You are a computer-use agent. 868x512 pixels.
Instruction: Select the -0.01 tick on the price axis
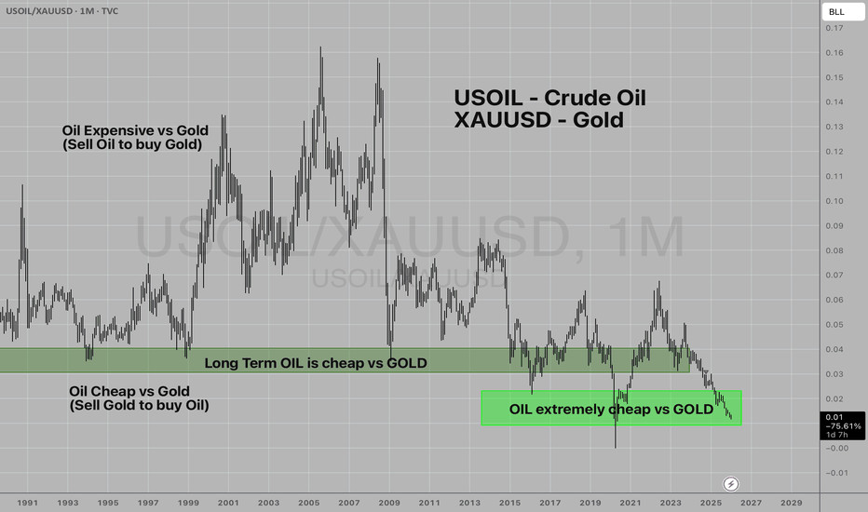click(837, 473)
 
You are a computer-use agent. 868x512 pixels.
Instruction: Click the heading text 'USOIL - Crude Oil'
click(549, 98)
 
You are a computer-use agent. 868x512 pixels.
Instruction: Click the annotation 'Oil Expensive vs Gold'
click(135, 129)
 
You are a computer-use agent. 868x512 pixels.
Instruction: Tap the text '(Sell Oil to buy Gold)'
click(131, 144)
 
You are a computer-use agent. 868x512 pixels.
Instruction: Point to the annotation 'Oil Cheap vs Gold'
click(129, 391)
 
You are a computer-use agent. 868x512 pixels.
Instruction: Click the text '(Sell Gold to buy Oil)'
click(139, 406)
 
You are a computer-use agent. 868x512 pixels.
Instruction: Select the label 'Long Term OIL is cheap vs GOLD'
click(316, 363)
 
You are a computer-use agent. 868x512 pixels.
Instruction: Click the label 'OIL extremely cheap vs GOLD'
click(611, 409)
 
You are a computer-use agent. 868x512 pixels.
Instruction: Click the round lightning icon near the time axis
click(731, 483)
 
